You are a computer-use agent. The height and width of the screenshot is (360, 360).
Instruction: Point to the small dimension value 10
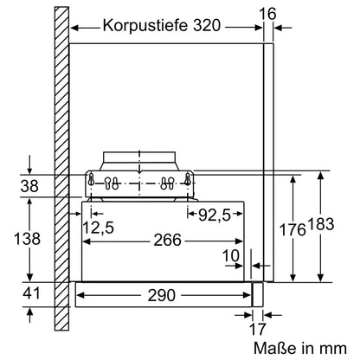229,255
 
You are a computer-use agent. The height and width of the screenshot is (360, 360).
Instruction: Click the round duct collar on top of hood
141,159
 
